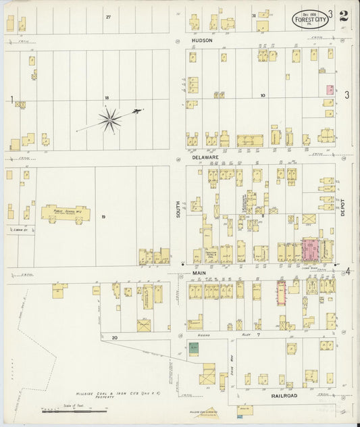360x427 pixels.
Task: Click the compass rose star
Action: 110,120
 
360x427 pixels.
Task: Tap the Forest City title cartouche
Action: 307,18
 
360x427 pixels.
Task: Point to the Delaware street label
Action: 205,157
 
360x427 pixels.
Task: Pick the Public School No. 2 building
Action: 66,212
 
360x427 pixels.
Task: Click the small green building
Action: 194,349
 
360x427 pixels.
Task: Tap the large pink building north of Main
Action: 311,249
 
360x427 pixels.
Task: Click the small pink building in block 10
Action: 330,89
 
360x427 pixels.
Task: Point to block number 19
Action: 103,217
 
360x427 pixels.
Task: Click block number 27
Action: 107,16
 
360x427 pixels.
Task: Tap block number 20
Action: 115,336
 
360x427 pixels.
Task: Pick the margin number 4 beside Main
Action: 348,272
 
